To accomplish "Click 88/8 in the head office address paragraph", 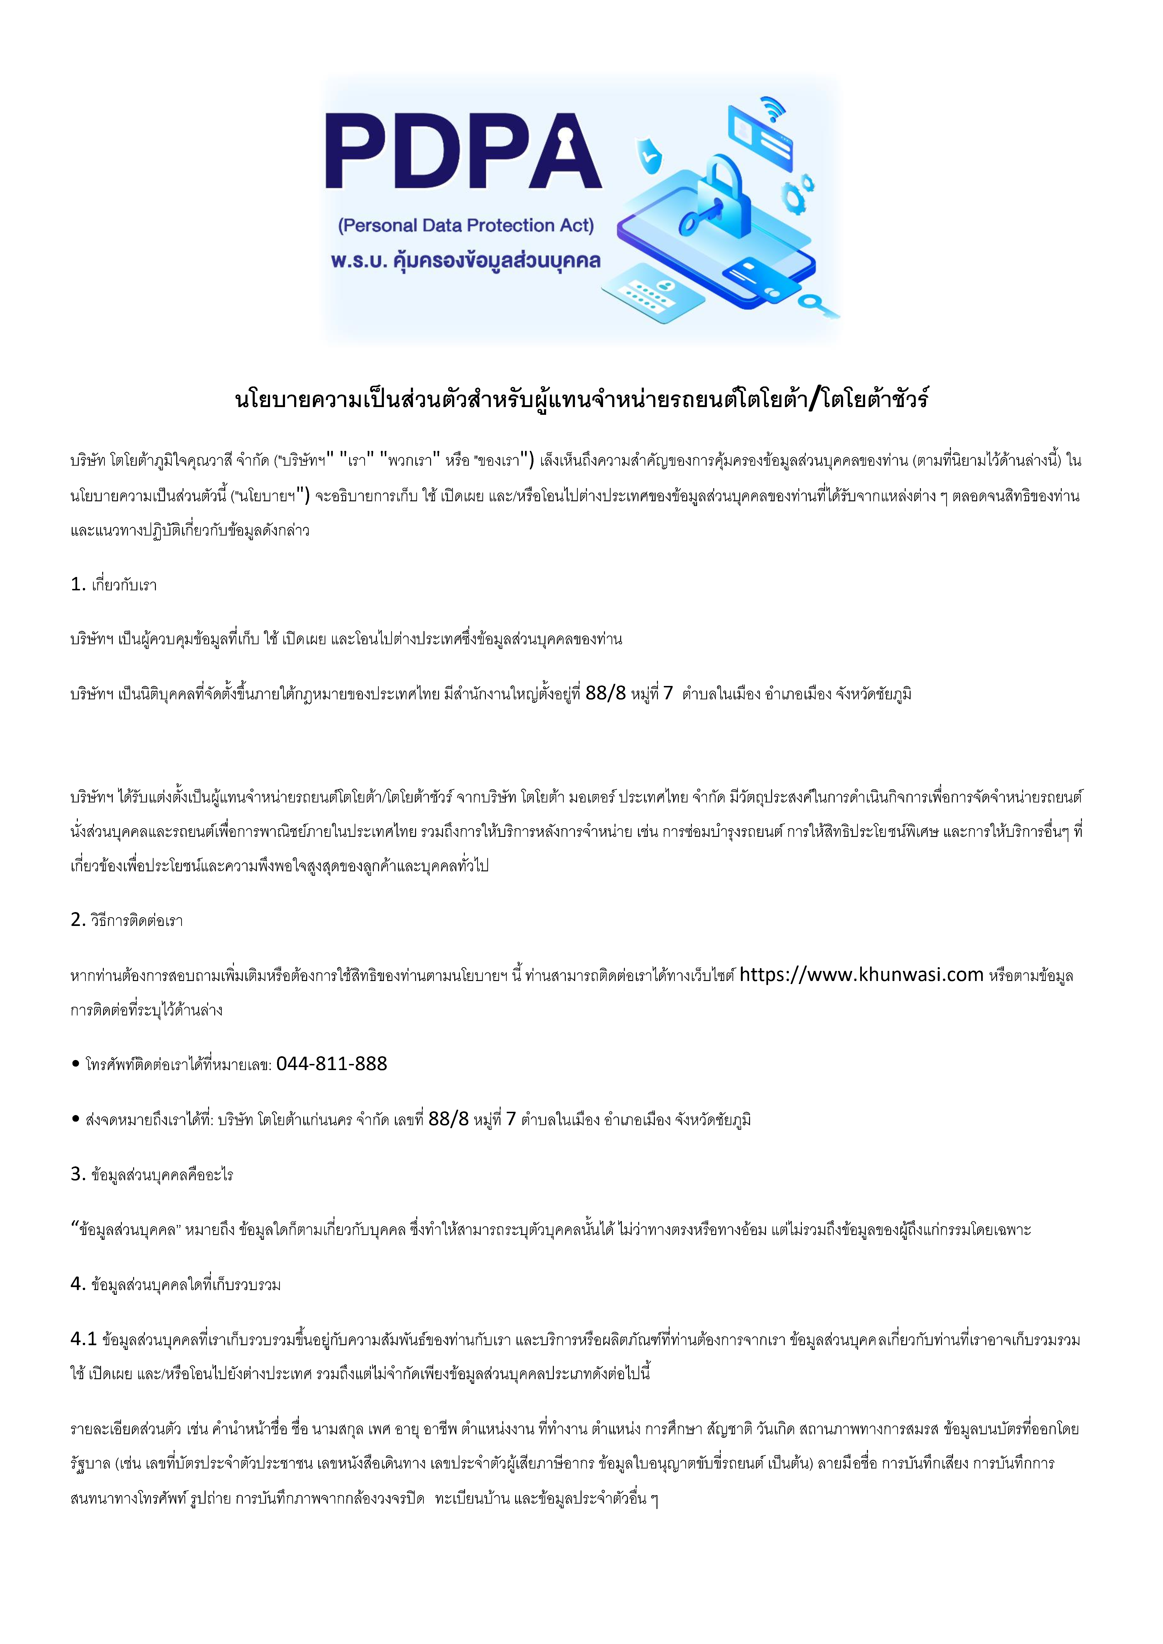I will pyautogui.click(x=605, y=693).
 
